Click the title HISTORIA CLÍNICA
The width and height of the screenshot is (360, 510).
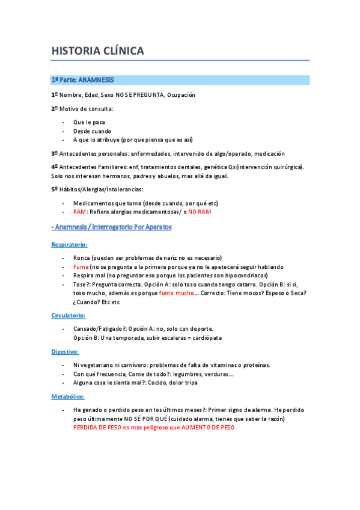[97, 51]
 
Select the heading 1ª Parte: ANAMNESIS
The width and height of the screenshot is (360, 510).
[82, 79]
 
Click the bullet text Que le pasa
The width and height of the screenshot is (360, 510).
[89, 122]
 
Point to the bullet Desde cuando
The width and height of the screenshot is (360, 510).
[92, 131]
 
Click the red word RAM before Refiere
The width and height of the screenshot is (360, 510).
[79, 212]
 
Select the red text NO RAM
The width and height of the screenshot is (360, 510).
[200, 212]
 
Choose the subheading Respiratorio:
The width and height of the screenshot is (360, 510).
[69, 245]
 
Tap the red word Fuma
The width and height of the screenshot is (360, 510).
[81, 266]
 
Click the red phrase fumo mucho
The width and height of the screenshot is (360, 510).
[177, 293]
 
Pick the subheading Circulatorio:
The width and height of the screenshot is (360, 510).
[68, 315]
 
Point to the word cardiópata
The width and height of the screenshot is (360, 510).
[204, 337]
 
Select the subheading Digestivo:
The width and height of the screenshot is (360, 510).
[65, 351]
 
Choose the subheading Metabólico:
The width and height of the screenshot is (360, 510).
[68, 396]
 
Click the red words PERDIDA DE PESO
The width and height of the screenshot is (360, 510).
[100, 427]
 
